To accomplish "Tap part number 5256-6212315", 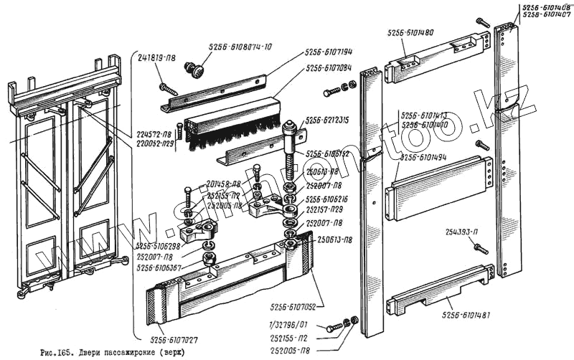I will (329, 120).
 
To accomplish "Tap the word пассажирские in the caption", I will (138, 352).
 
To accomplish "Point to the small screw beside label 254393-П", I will (480, 248).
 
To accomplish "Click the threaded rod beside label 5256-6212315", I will (293, 161).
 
